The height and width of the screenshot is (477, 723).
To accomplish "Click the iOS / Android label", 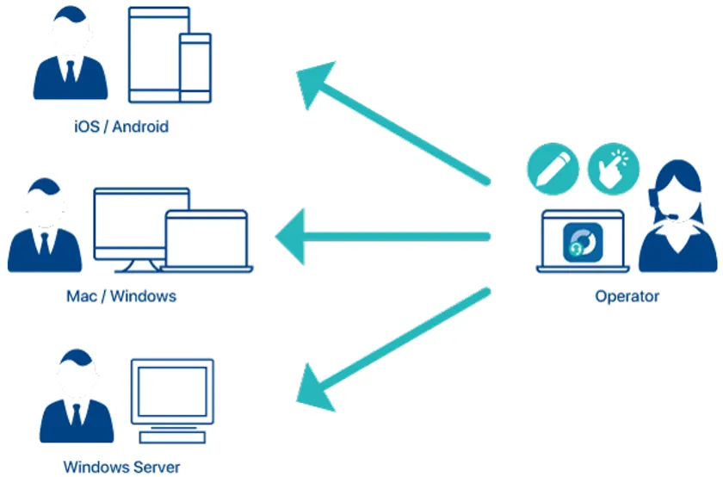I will tap(121, 127).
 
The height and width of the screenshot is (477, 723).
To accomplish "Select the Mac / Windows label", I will tap(121, 296).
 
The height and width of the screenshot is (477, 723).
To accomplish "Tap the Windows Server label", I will tap(121, 468).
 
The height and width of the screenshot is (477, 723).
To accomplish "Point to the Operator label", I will tap(627, 296).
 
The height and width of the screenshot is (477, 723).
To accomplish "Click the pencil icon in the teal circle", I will tap(552, 168).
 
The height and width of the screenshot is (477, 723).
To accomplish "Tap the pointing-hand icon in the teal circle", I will tap(614, 168).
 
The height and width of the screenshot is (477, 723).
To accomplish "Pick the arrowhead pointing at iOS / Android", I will tap(318, 81).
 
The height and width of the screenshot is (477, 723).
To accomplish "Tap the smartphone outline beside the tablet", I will tap(195, 67).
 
